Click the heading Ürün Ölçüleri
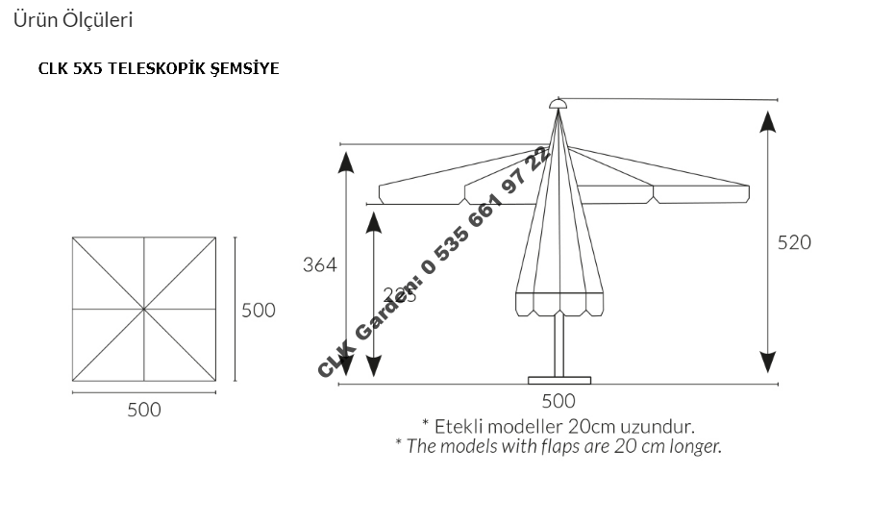(x=73, y=19)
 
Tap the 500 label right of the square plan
(x=258, y=310)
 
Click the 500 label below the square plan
(x=144, y=410)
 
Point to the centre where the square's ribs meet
(x=144, y=309)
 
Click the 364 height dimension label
(x=319, y=265)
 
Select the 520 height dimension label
(x=794, y=242)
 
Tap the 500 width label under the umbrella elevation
(x=559, y=400)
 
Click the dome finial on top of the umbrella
(x=559, y=104)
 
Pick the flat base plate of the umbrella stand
(x=559, y=378)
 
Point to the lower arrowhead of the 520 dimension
(x=767, y=362)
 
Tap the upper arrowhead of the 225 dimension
(x=373, y=223)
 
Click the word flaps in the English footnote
(x=561, y=445)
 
